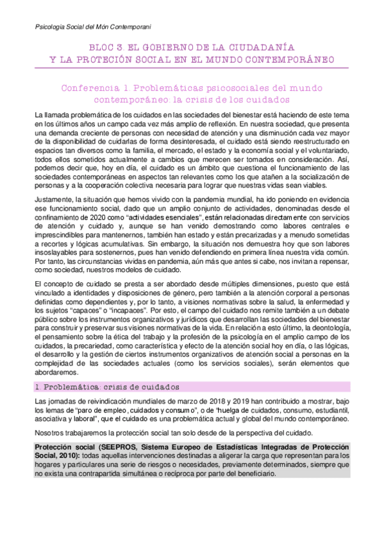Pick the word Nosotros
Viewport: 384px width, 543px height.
point(51,433)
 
